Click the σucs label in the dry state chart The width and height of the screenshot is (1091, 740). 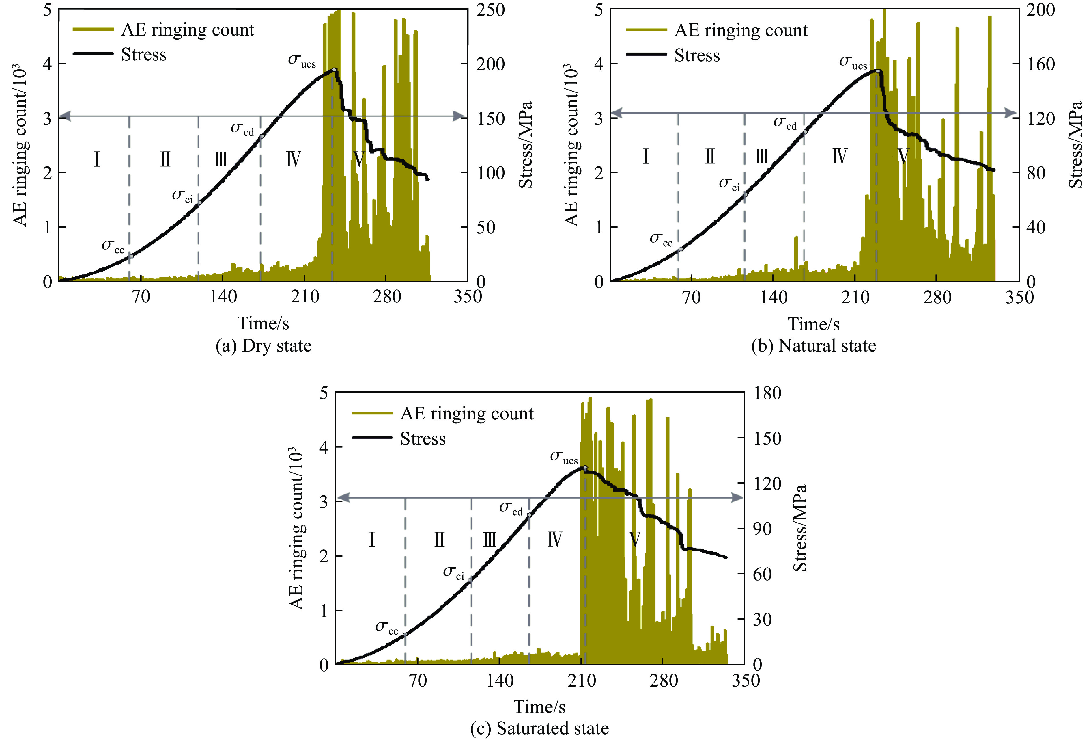point(302,61)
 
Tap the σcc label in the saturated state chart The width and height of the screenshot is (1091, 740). point(386,628)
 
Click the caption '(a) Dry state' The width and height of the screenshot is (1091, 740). point(263,346)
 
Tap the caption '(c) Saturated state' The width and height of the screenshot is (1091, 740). point(539,728)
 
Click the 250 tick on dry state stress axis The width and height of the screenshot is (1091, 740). point(491,10)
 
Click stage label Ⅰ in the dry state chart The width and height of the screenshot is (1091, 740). point(97,159)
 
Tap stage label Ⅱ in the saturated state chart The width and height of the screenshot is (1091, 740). point(439,540)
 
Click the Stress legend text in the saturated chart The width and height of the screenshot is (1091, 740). point(423,439)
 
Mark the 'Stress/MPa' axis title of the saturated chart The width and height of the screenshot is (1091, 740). point(800,528)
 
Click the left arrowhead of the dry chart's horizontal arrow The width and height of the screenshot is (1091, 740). point(65,116)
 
